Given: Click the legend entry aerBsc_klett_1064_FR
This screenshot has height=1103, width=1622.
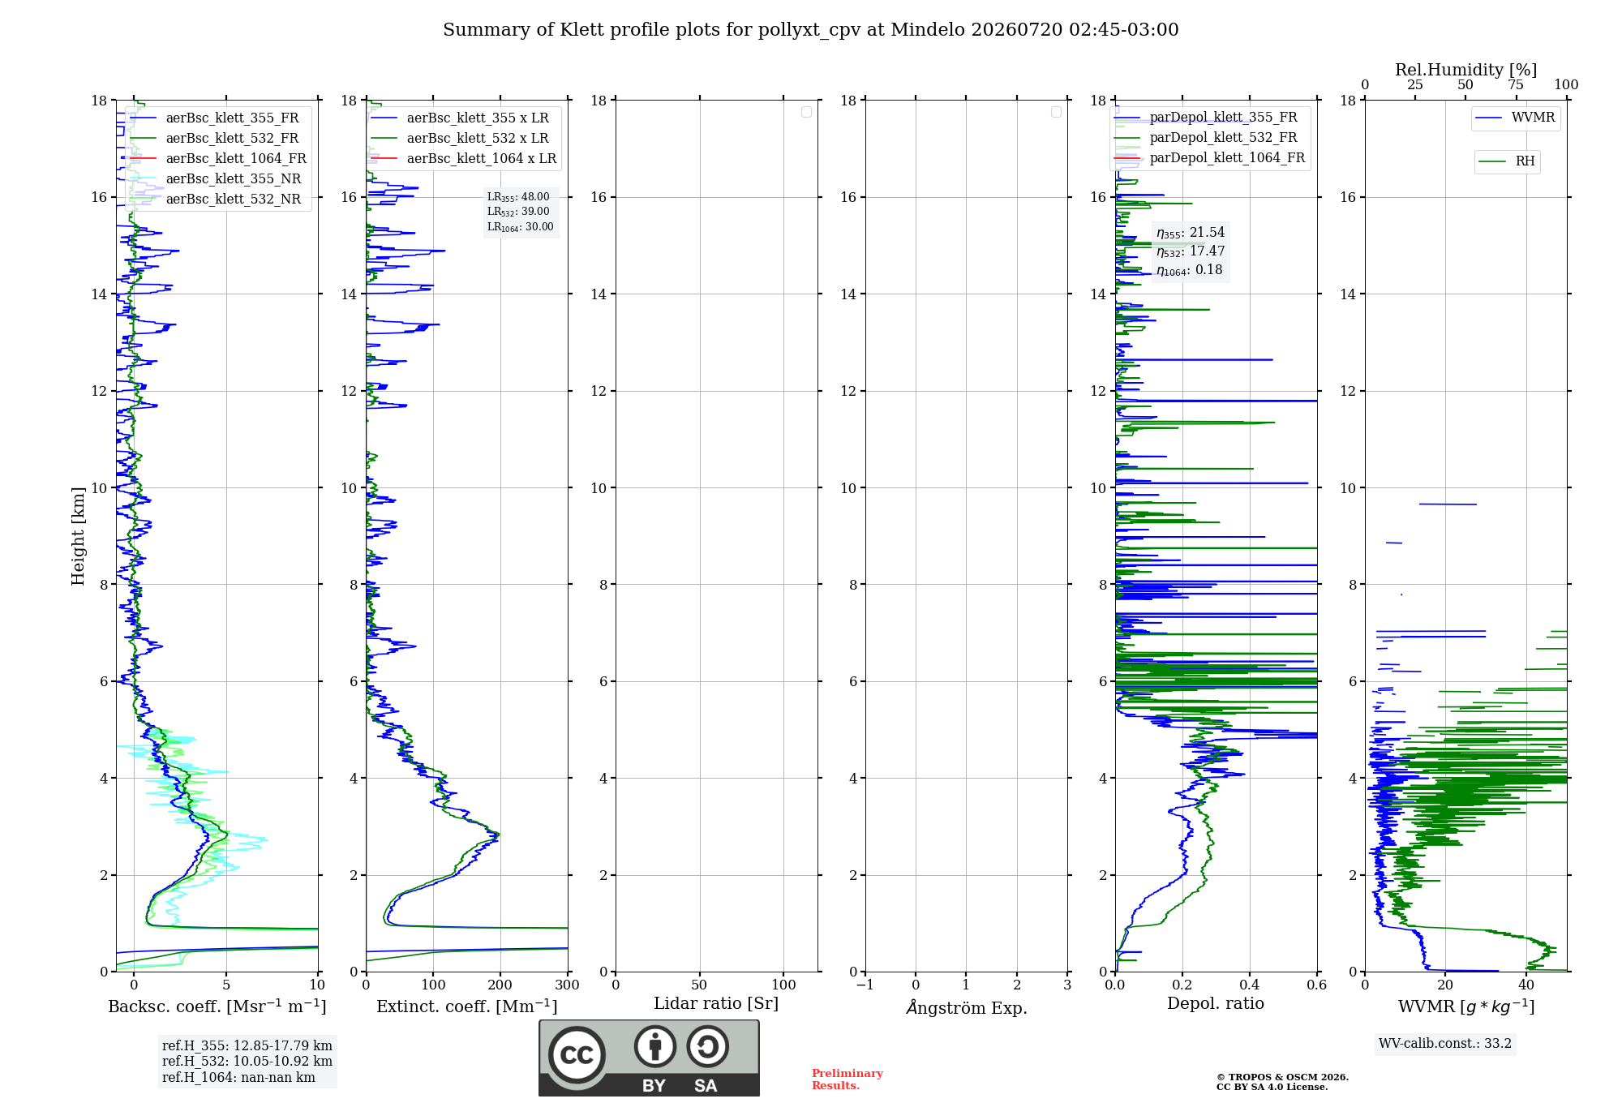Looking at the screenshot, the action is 217,158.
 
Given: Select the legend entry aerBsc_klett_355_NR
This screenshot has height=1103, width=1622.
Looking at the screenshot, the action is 215,178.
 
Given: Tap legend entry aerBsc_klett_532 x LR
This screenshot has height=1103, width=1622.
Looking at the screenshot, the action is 459,138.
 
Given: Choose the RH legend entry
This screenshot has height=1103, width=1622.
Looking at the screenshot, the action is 1507,161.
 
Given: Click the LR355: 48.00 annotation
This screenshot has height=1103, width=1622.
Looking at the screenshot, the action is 518,197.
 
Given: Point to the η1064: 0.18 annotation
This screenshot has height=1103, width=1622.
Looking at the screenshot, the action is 1190,270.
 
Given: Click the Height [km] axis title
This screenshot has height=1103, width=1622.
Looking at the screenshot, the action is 78,536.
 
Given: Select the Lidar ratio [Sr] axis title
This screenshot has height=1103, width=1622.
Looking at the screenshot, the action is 716,1004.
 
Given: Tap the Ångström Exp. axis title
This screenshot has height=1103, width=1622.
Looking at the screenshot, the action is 967,1007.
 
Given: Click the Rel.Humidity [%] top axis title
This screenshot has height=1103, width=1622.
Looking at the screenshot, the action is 1466,70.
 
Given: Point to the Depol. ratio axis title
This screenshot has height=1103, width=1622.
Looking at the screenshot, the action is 1216,1004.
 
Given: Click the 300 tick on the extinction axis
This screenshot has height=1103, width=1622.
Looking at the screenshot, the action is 568,985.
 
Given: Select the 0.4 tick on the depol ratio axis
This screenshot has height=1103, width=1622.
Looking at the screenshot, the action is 1250,985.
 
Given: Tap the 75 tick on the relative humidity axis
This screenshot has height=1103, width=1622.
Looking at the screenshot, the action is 1516,85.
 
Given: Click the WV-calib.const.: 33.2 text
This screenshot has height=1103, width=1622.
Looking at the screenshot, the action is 1445,1044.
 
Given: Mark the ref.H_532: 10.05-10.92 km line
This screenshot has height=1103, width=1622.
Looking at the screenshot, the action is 247,1062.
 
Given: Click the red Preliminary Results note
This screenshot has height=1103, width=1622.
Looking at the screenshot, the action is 847,1079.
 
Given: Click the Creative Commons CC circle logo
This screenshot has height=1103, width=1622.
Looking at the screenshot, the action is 577,1055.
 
